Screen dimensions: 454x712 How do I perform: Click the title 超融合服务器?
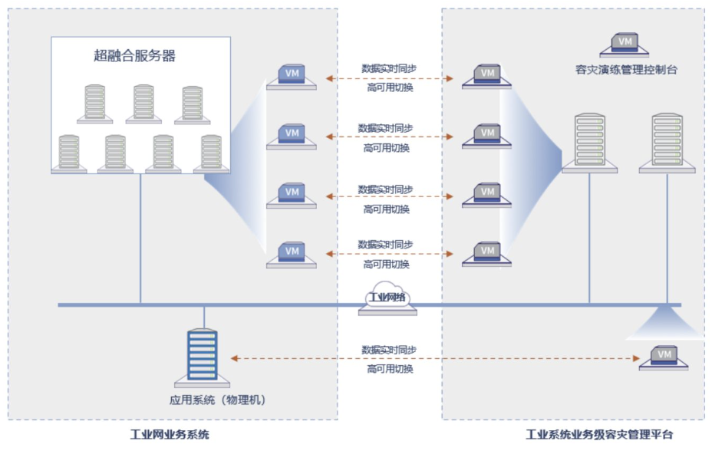tap(134, 56)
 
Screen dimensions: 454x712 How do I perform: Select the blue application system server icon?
tap(203, 356)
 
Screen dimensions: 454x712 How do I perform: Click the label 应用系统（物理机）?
tap(218, 400)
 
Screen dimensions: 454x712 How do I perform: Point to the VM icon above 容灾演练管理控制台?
tap(626, 43)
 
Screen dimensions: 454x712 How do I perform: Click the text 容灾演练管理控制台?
tap(626, 69)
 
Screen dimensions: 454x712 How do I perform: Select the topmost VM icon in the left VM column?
tap(292, 75)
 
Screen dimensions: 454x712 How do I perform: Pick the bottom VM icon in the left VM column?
tap(292, 253)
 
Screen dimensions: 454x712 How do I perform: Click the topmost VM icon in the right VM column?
tap(486, 75)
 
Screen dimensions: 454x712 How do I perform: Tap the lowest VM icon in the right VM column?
tap(486, 253)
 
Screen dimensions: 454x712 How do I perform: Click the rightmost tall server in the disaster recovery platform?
tap(667, 143)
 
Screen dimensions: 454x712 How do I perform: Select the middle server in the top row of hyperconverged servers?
tap(143, 104)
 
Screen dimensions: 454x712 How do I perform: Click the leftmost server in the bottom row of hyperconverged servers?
tap(69, 153)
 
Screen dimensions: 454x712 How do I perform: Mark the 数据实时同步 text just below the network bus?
tap(389, 350)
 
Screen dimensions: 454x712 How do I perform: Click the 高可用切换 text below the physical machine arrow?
tap(389, 369)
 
